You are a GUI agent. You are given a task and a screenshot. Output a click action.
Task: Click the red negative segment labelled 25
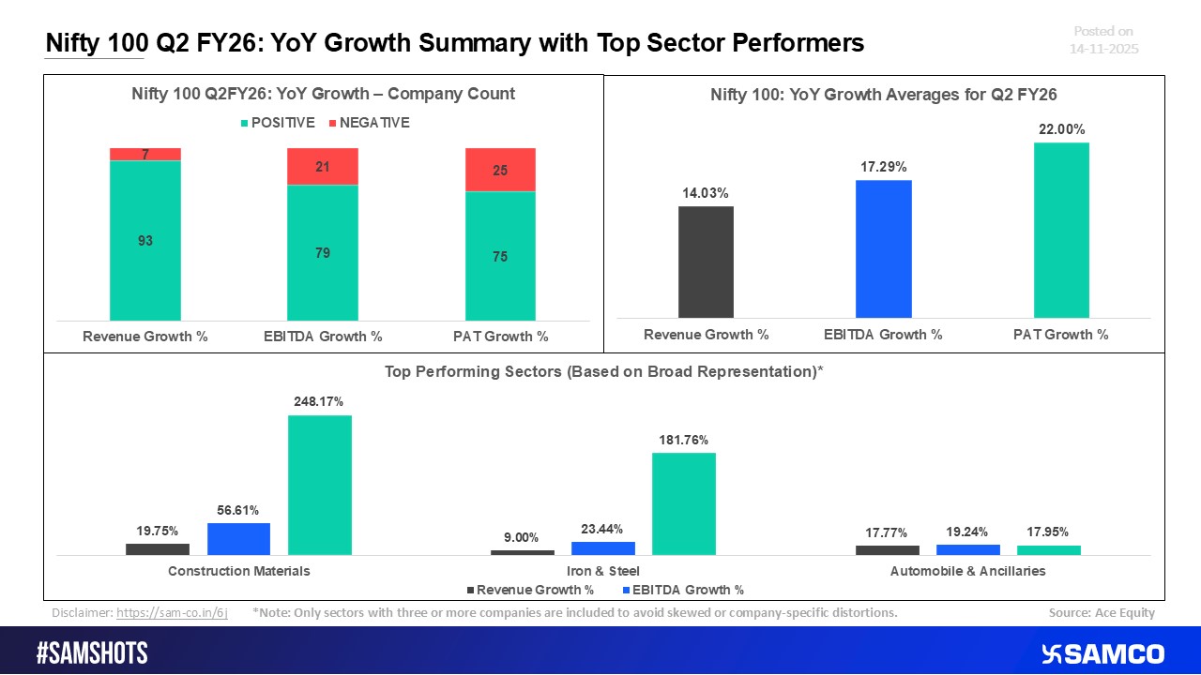pos(500,170)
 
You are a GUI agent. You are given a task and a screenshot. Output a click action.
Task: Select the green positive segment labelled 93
pos(145,241)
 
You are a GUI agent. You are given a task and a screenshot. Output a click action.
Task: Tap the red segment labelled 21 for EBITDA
pos(323,167)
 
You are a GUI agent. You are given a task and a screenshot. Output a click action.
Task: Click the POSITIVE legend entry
pos(280,123)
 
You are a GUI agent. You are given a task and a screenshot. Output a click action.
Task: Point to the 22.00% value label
pos(1061,128)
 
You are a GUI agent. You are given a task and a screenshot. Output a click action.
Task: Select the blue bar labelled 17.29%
pos(883,248)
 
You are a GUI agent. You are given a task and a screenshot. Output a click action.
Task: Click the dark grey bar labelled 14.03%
pos(706,262)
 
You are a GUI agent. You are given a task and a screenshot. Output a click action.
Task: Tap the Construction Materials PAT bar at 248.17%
pos(319,485)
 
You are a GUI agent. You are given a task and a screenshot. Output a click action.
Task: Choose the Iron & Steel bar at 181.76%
pos(683,503)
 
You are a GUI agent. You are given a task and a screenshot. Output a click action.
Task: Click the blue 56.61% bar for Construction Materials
pos(238,539)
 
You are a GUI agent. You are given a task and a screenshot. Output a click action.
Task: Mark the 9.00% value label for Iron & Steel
pos(521,537)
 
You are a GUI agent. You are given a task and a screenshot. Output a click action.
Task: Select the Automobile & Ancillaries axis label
pos(967,570)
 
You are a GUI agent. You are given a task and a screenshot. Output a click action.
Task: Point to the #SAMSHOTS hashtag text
pos(92,653)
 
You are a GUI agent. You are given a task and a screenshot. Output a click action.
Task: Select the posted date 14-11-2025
pos(1104,48)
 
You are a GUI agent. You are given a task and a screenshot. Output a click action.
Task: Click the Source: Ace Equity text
pos(1102,612)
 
